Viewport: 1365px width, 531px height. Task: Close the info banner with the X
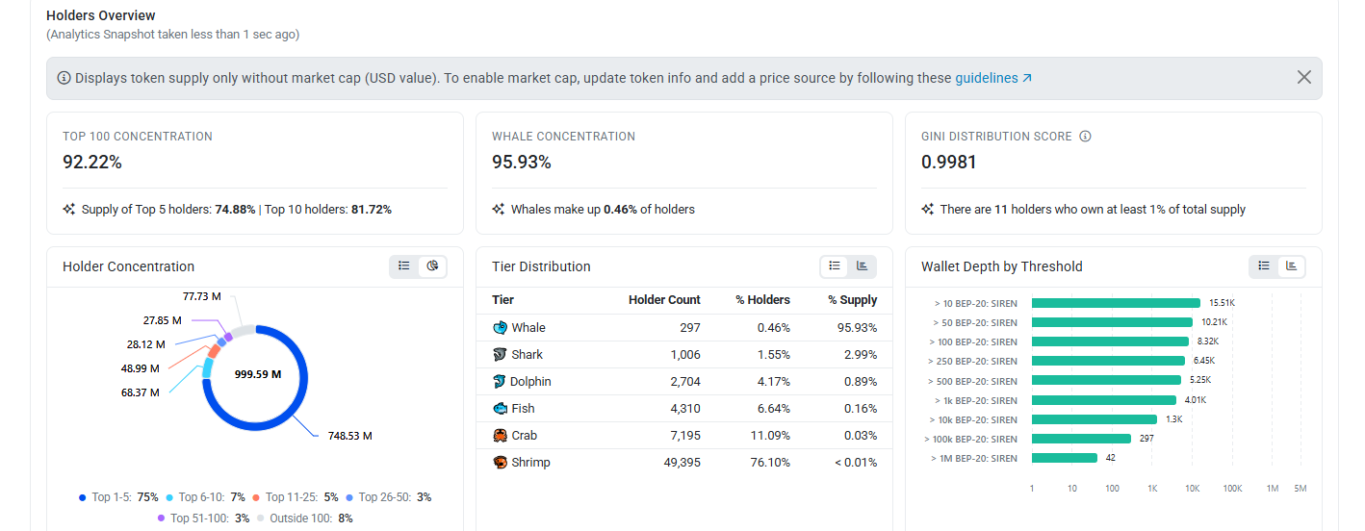[1304, 77]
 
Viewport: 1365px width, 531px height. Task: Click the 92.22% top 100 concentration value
[92, 162]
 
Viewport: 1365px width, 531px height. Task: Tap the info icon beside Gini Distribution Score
[1085, 137]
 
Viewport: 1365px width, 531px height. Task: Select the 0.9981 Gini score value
[949, 162]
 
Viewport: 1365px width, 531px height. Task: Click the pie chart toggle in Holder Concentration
[432, 266]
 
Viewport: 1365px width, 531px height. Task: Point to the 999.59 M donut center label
[258, 374]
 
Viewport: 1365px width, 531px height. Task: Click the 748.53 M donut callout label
[349, 436]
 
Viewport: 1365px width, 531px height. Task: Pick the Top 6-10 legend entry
[205, 497]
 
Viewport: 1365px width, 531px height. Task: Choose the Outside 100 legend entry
[305, 518]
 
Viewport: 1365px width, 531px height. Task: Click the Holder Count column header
[664, 299]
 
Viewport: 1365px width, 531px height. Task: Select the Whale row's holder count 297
[690, 328]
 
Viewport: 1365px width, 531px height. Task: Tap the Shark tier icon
[500, 354]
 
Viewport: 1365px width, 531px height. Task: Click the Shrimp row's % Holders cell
[770, 462]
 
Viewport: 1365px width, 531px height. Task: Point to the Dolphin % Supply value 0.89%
[861, 382]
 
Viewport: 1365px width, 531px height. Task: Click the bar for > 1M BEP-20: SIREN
[1065, 458]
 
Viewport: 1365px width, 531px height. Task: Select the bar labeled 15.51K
[1116, 303]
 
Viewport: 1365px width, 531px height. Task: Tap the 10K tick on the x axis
[1192, 489]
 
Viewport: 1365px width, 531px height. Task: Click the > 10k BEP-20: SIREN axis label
[973, 420]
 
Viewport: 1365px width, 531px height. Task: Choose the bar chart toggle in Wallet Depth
[1291, 266]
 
